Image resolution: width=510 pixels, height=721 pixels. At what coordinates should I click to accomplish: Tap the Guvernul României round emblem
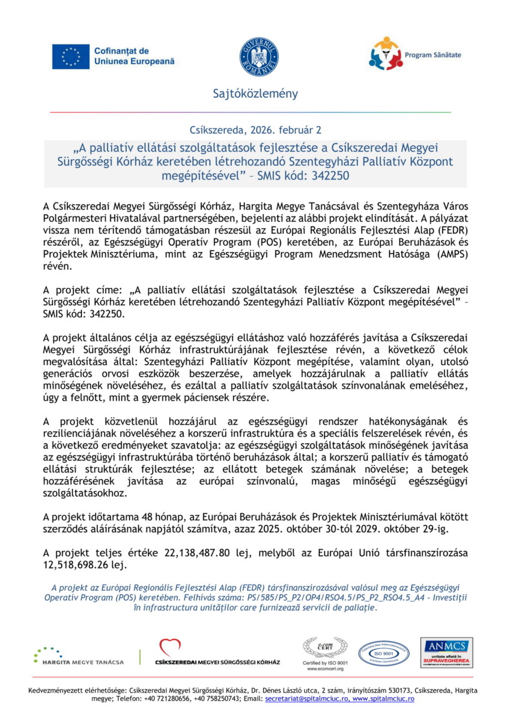point(259,56)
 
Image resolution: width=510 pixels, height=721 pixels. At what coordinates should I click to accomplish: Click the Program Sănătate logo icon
point(384,54)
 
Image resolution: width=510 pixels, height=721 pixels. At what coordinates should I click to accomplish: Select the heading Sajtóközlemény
point(255,94)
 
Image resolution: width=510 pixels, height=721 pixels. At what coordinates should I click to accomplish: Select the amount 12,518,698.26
point(78,565)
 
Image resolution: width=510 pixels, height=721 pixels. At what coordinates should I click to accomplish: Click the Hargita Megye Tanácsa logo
point(79,655)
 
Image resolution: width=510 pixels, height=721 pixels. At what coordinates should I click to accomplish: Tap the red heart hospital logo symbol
point(170,648)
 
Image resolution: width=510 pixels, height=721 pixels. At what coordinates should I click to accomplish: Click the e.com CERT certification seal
point(324,649)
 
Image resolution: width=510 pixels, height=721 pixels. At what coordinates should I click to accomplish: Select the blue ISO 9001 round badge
point(384,653)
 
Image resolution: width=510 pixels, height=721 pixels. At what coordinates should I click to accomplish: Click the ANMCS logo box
point(446,653)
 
